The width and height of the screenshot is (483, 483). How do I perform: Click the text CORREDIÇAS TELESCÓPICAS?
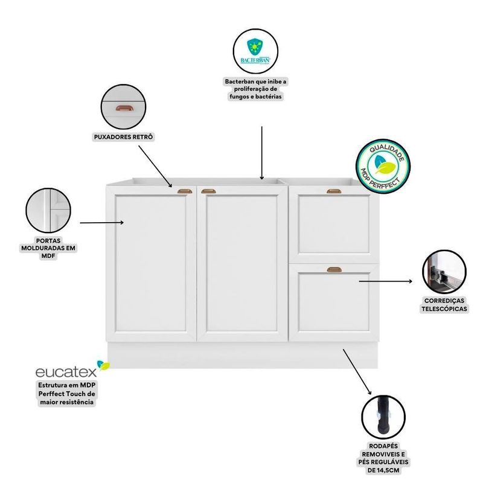point(445,304)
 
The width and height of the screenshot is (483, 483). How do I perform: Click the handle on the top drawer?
point(334,191)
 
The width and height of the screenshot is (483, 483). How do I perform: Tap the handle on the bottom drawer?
point(334,269)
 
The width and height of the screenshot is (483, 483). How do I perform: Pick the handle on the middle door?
point(208,191)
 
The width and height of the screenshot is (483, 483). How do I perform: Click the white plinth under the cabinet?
point(241,355)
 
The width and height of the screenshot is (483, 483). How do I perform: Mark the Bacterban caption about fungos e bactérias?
point(256,89)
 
